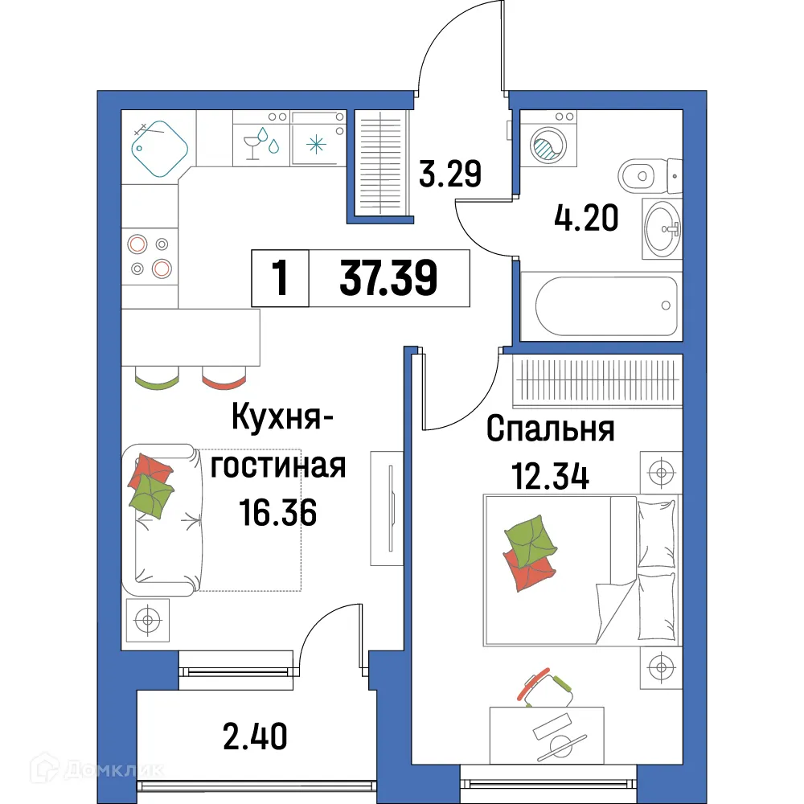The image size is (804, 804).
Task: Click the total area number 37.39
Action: click(x=388, y=279)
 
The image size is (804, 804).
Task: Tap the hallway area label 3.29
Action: click(x=450, y=174)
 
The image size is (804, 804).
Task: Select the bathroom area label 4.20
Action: click(x=586, y=217)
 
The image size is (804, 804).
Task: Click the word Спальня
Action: click(x=551, y=430)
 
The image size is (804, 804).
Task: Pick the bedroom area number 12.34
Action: click(x=551, y=476)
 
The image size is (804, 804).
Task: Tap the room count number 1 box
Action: click(x=280, y=279)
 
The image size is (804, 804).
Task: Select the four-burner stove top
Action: click(x=150, y=256)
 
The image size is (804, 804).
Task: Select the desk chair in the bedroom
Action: click(x=546, y=687)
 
